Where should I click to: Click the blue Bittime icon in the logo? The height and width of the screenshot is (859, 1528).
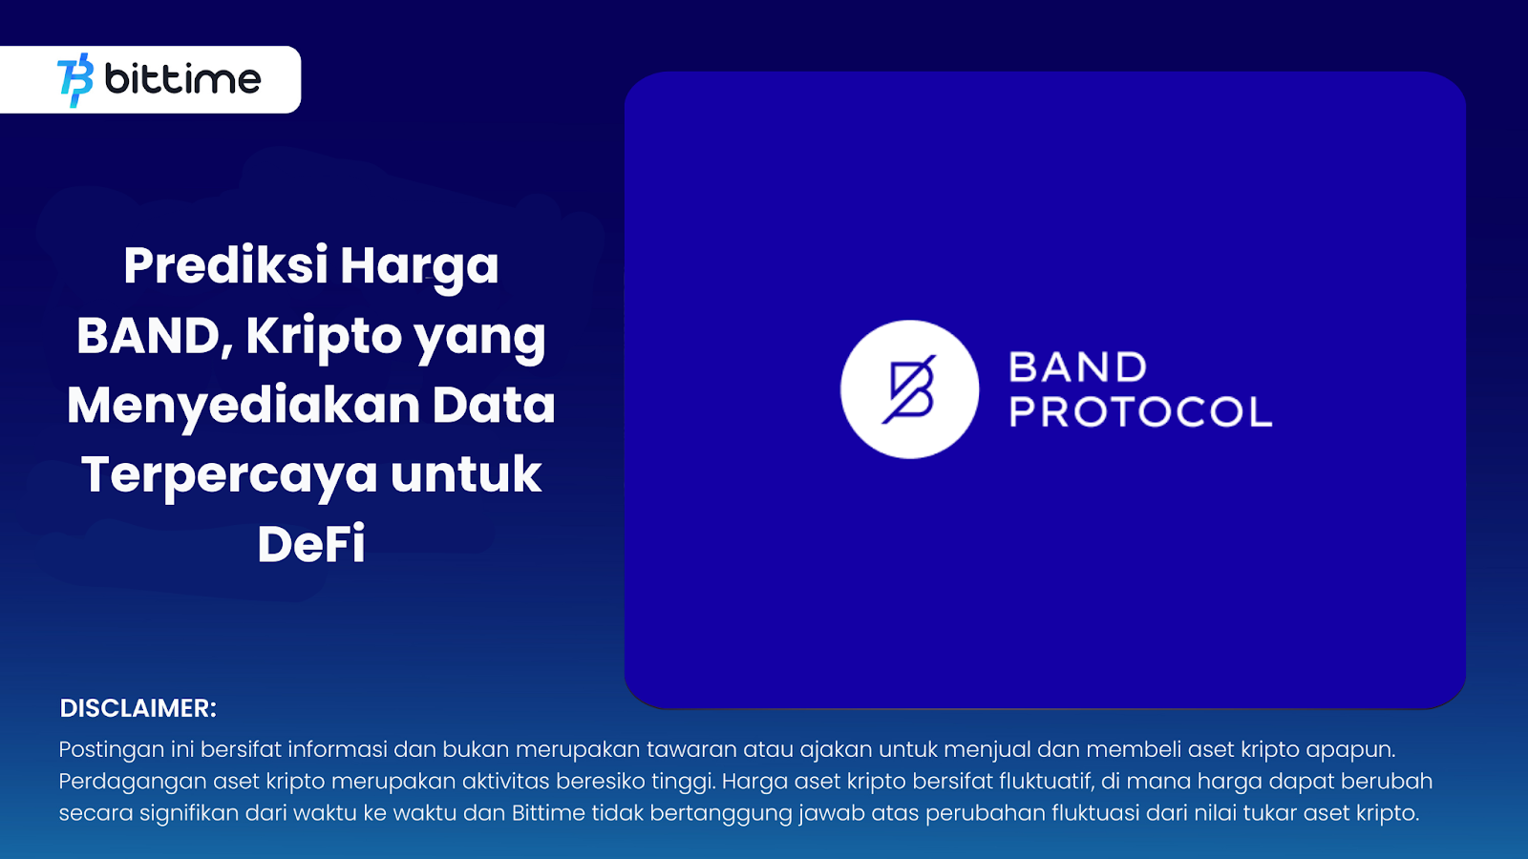75,80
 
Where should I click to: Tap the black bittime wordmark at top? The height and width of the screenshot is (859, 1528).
182,79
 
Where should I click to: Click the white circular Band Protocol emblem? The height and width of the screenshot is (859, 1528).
909,389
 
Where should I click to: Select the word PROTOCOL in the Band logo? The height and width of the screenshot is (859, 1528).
1140,411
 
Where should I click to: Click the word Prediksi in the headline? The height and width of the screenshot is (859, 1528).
225,265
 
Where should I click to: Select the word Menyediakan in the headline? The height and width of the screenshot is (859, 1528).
244,405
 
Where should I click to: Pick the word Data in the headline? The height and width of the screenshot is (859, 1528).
494,405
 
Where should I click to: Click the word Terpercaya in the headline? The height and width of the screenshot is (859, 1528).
229,475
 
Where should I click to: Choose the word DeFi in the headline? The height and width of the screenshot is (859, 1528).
311,544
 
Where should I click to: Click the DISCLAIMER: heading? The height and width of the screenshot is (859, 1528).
138,708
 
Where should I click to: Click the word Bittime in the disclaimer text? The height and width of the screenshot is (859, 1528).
548,812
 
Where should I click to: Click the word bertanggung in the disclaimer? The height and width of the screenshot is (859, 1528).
721,814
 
